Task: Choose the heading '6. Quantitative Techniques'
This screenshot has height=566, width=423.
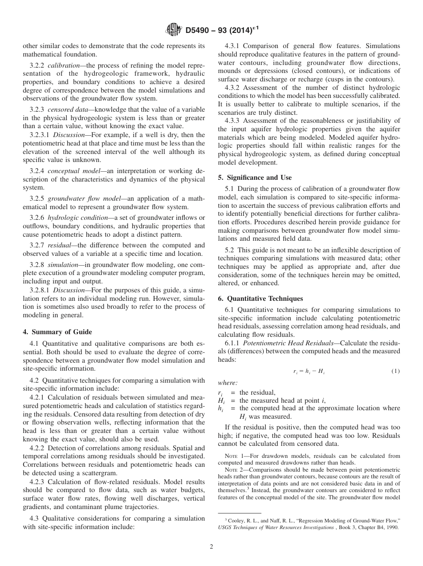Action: pos(260,299)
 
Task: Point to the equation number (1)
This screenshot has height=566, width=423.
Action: pos(395,371)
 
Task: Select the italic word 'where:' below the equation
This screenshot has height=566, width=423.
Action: pos(228,382)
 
